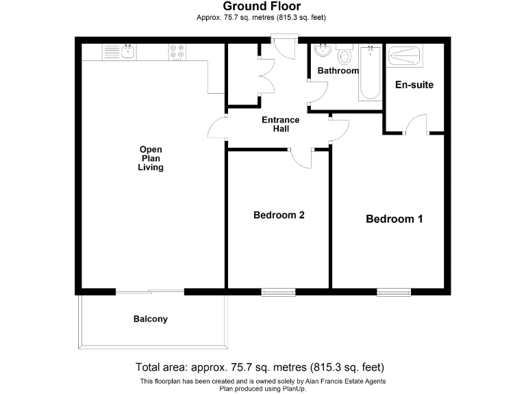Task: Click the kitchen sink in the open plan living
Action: [x=119, y=51]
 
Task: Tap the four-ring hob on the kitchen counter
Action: [x=177, y=51]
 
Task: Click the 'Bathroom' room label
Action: [x=338, y=71]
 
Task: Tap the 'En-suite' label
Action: [x=414, y=85]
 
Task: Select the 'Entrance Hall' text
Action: [x=281, y=124]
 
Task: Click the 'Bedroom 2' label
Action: [x=279, y=215]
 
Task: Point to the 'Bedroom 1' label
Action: [x=394, y=219]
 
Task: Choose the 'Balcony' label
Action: [x=150, y=319]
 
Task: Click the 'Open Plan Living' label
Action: [x=151, y=158]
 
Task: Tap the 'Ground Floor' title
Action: [x=262, y=7]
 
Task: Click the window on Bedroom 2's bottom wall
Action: [x=275, y=292]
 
